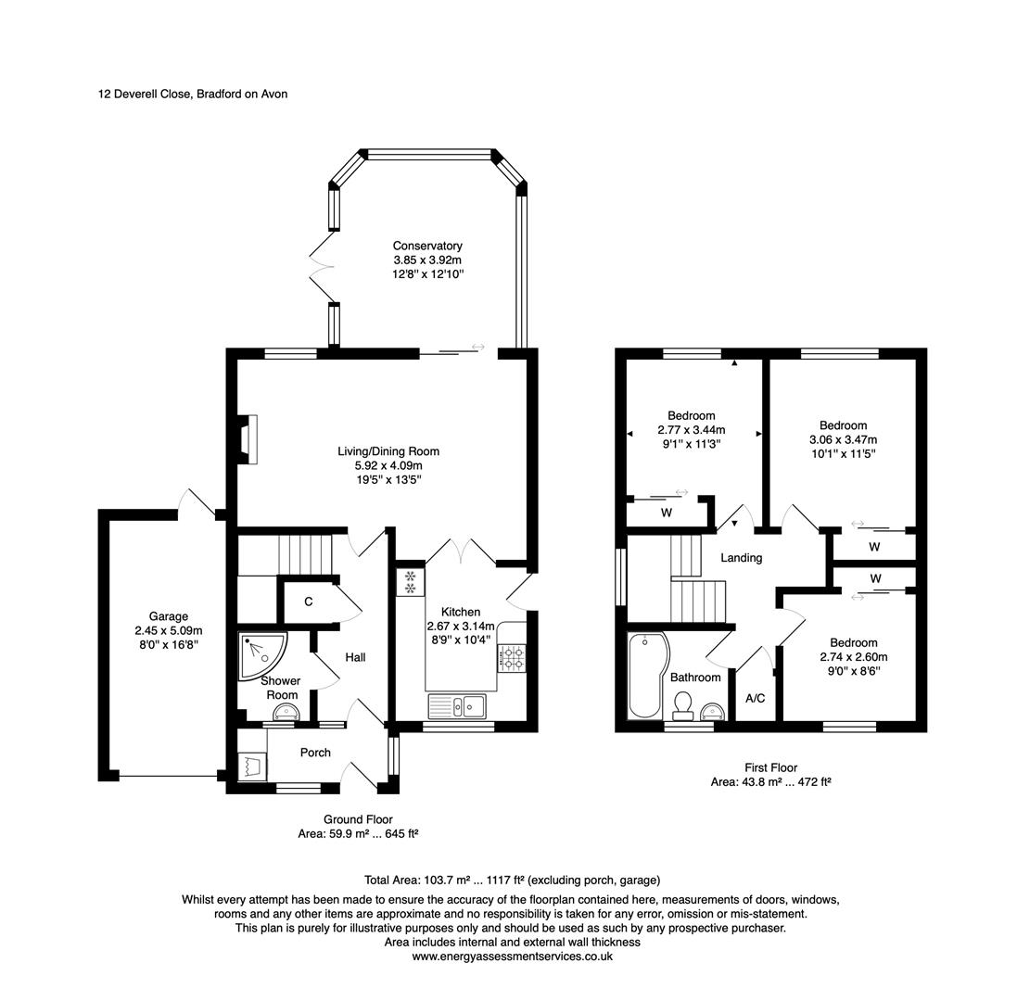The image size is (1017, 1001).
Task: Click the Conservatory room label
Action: pyautogui.click(x=427, y=246)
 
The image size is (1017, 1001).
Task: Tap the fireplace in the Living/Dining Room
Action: pyautogui.click(x=248, y=439)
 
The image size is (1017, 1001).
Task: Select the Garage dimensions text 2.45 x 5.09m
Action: pyautogui.click(x=169, y=630)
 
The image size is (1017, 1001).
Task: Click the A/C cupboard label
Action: pyautogui.click(x=756, y=698)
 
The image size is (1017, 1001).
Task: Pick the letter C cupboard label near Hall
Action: pyautogui.click(x=309, y=602)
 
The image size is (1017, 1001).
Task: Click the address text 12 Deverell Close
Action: pyautogui.click(x=145, y=94)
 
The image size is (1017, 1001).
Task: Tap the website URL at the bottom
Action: pyautogui.click(x=513, y=957)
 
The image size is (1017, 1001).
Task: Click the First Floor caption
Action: pyautogui.click(x=771, y=767)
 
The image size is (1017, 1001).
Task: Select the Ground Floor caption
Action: pyautogui.click(x=358, y=819)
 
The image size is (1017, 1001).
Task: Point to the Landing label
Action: pyautogui.click(x=742, y=558)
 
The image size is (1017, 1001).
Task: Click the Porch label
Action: pyautogui.click(x=315, y=753)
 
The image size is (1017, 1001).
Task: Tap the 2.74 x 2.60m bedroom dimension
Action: pyautogui.click(x=854, y=657)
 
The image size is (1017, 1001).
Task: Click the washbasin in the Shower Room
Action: pyautogui.click(x=286, y=713)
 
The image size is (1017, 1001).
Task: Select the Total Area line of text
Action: pyautogui.click(x=513, y=881)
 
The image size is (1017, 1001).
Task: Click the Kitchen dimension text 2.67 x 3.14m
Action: pyautogui.click(x=461, y=627)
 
